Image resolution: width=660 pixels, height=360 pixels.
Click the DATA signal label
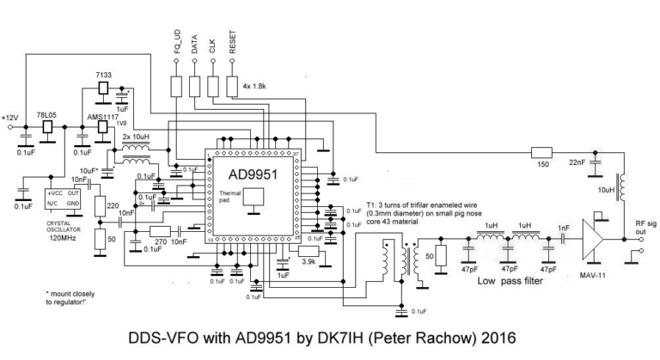click(195, 45)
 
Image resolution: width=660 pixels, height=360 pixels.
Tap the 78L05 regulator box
click(47, 125)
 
